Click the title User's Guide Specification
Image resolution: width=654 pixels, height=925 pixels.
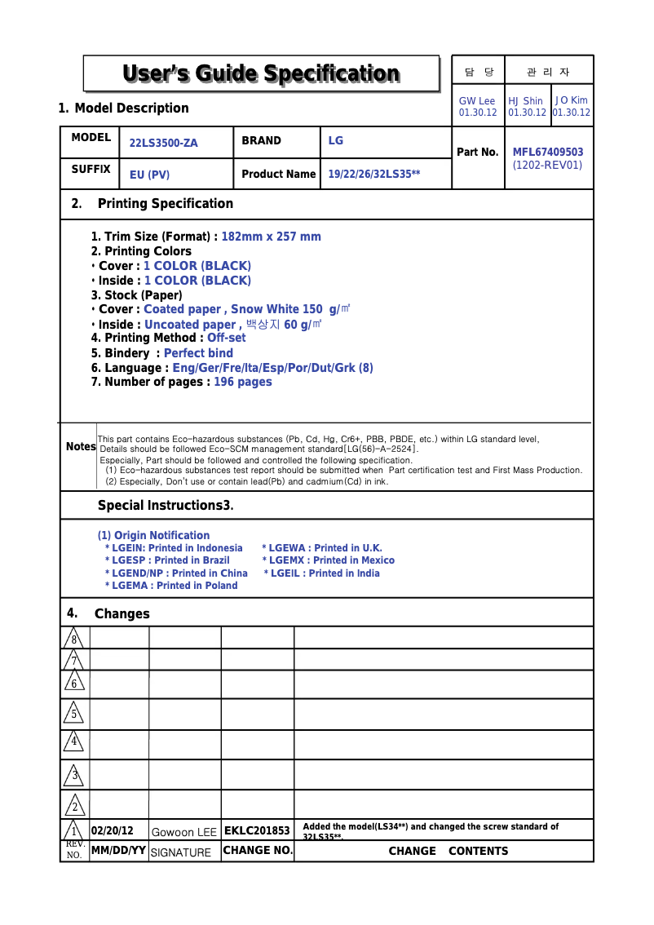(x=261, y=74)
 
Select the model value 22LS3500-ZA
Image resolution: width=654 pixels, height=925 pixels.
(x=164, y=144)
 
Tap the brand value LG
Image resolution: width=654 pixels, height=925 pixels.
(x=336, y=140)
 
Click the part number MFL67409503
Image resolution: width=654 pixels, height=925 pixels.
(x=548, y=152)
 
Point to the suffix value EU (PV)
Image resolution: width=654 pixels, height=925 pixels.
(x=150, y=175)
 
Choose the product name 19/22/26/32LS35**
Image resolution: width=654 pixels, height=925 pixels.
(x=374, y=175)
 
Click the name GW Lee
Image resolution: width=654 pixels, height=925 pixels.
(x=477, y=101)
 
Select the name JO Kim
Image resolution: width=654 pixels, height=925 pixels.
(x=572, y=100)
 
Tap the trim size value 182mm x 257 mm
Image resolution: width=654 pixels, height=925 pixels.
(x=272, y=237)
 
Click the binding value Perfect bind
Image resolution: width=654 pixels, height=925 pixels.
(x=198, y=353)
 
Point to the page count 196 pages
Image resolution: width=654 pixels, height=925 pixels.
(x=243, y=382)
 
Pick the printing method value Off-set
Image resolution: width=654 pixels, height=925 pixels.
(x=226, y=338)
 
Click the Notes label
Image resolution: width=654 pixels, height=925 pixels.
(x=81, y=446)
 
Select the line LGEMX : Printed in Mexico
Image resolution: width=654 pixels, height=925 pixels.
(x=329, y=560)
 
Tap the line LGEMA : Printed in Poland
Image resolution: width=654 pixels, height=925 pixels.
(x=171, y=586)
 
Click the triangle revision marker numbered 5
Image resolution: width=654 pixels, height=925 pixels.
(x=74, y=714)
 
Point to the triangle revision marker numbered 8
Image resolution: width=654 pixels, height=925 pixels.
(x=74, y=639)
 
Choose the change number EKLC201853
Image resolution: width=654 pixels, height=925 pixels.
(x=257, y=831)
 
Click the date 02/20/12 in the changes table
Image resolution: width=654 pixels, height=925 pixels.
(x=113, y=831)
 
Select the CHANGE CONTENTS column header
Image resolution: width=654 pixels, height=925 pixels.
(x=448, y=851)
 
